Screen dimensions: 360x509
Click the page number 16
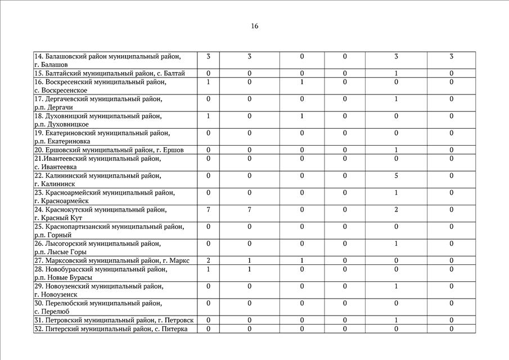255,26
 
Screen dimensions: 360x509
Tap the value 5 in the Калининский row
396,175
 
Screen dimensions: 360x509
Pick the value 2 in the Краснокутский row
396,209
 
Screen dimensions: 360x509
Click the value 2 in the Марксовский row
208,260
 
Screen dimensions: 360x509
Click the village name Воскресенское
64,90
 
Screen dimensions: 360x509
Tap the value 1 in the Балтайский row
396,73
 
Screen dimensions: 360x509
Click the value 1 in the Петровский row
396,321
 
